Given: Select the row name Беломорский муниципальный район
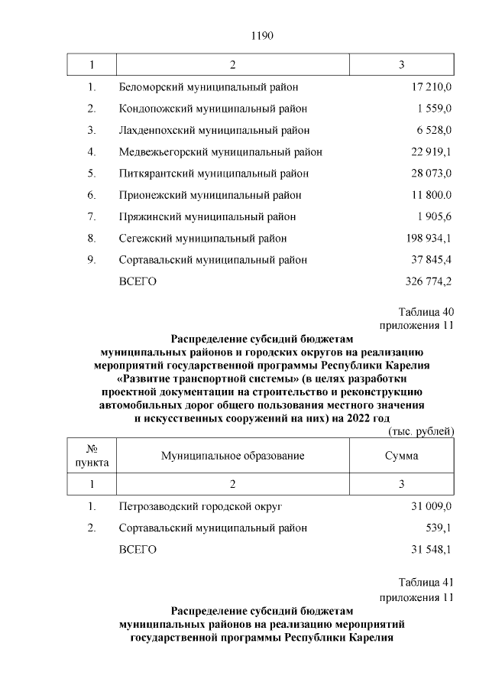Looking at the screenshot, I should [x=209, y=87].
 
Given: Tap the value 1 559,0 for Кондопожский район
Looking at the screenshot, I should [x=435, y=109].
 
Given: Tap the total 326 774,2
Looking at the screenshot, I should [x=429, y=281].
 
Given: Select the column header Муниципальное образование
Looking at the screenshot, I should [x=233, y=456].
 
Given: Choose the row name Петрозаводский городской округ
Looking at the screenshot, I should [x=201, y=506].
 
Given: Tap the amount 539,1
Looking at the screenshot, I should [x=439, y=528].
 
